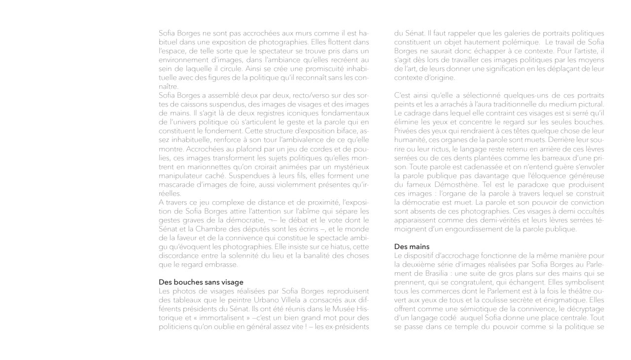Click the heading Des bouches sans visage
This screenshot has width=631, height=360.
click(x=201, y=282)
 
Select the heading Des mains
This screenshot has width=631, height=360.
click(x=412, y=246)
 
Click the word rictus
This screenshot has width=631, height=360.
click(x=434, y=148)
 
